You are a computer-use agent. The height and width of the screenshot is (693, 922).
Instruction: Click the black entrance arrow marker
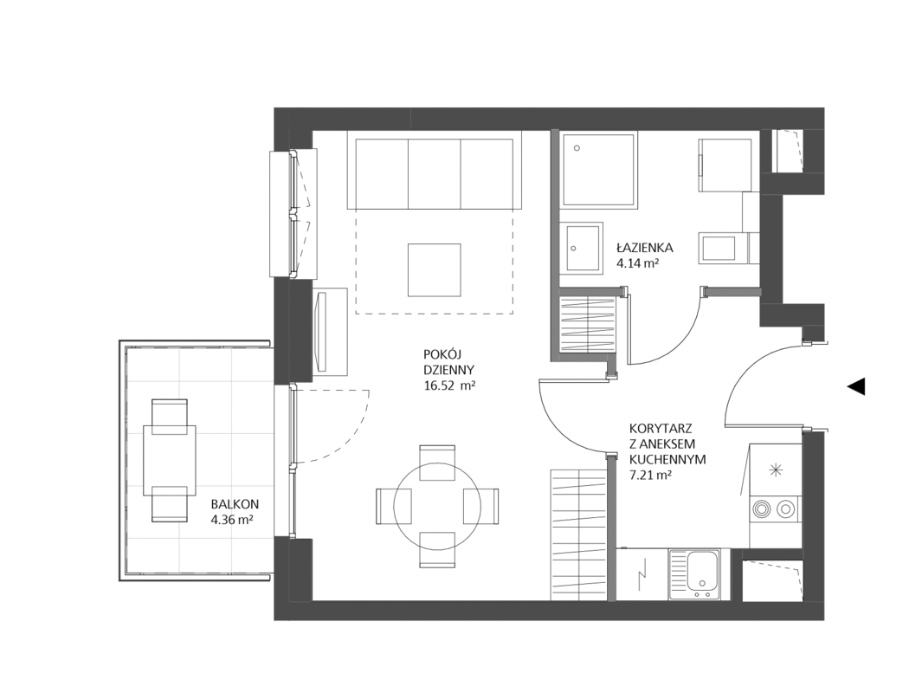(857, 386)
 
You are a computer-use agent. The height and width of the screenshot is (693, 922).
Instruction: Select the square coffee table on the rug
(435, 270)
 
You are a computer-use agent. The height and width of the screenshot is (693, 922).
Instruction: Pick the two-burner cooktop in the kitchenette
(775, 508)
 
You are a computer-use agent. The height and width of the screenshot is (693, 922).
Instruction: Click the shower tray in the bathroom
(598, 170)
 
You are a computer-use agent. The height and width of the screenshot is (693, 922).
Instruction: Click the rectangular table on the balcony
(170, 460)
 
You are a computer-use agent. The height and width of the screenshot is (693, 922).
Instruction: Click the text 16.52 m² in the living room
(449, 386)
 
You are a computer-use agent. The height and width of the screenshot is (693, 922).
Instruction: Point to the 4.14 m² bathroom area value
(637, 263)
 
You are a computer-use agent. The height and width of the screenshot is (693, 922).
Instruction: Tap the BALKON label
(235, 504)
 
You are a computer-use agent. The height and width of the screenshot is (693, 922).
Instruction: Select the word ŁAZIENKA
(645, 248)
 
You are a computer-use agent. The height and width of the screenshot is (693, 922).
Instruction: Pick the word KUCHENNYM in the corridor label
(667, 459)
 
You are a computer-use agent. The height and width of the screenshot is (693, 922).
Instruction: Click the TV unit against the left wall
(331, 331)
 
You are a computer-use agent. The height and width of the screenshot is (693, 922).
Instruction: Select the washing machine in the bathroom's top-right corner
(725, 165)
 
